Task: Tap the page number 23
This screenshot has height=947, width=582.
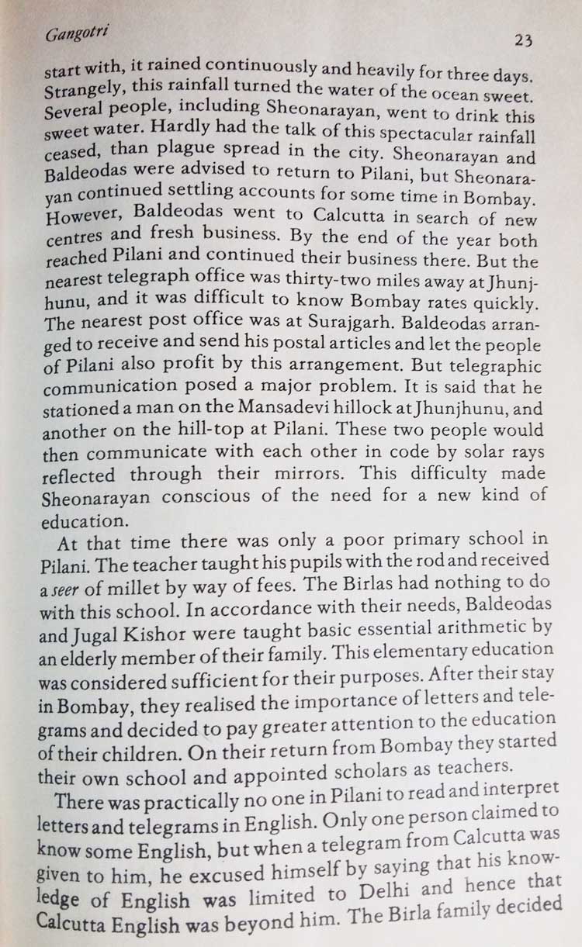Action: (523, 40)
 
